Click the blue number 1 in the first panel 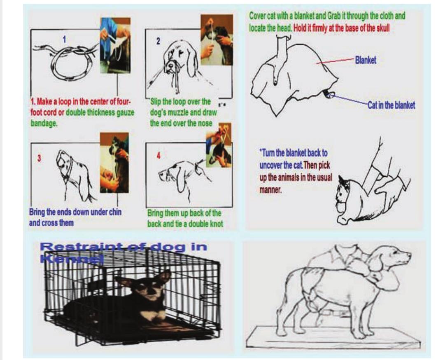pos(64,40)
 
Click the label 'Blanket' pos(365,60)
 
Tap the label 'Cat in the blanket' pos(391,105)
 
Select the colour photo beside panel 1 pos(115,45)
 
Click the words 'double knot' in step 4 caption pos(203,224)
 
